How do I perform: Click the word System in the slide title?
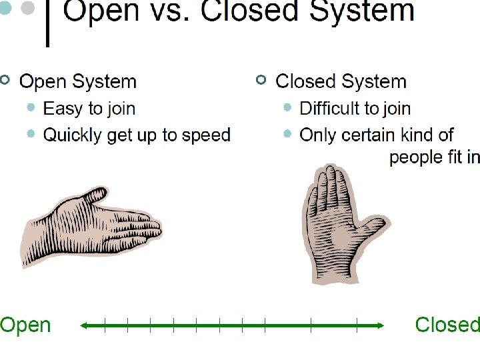click(x=361, y=11)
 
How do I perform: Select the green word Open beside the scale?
click(x=25, y=326)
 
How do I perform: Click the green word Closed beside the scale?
click(x=447, y=325)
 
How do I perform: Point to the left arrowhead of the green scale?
click(x=84, y=325)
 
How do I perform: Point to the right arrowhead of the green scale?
click(x=380, y=325)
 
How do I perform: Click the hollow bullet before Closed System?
click(x=261, y=80)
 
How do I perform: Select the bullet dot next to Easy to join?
click(x=31, y=107)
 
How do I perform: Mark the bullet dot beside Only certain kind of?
click(x=287, y=134)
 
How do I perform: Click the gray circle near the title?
click(x=27, y=7)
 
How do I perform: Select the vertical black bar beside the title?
click(x=48, y=23)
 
